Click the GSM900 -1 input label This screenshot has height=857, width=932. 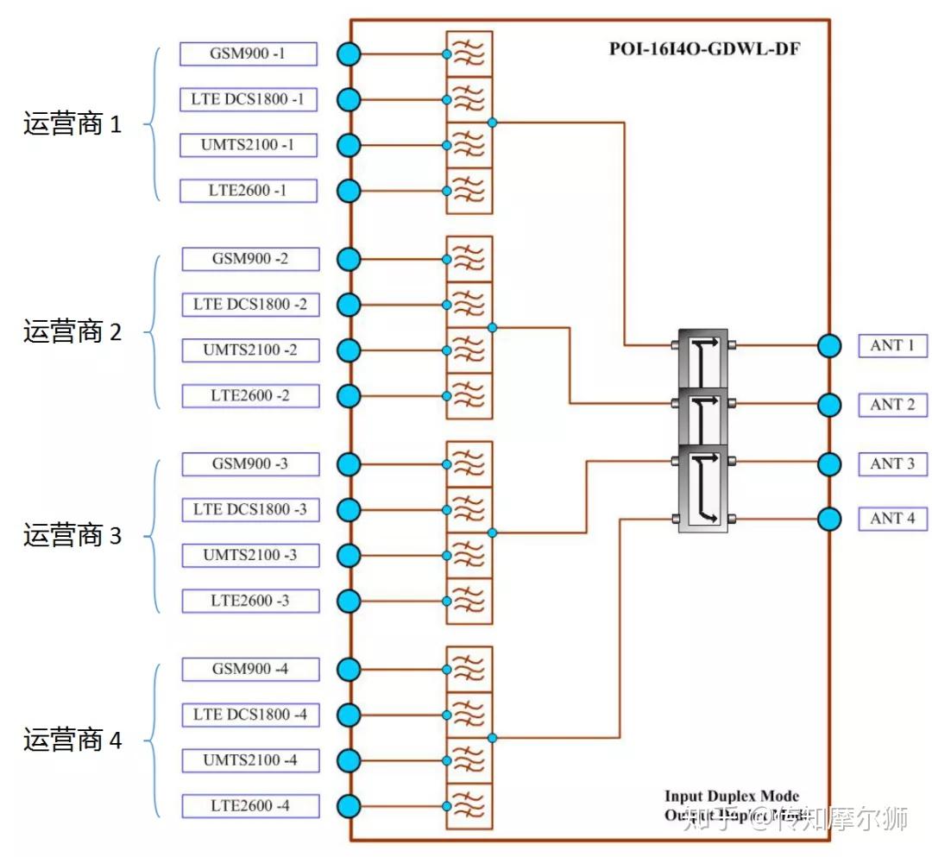click(248, 54)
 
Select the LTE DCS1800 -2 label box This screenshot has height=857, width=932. click(250, 305)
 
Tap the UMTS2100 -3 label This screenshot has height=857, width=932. click(250, 555)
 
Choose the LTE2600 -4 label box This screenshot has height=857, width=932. click(250, 806)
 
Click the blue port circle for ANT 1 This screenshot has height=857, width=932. click(828, 346)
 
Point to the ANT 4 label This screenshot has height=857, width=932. click(892, 519)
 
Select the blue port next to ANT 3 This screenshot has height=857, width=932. click(828, 464)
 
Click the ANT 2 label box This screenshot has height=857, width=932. click(892, 405)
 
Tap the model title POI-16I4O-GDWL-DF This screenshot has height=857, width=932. click(704, 48)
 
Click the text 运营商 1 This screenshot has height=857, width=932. click(72, 124)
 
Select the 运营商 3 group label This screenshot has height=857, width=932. click(72, 536)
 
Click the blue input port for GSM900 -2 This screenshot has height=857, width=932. click(349, 259)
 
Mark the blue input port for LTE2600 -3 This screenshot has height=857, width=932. click(349, 601)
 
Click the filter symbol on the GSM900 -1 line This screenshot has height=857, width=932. click(469, 54)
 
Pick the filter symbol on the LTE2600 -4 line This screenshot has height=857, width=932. click(469, 806)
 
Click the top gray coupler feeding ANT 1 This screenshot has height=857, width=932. click(702, 356)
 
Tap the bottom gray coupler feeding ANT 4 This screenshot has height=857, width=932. click(702, 488)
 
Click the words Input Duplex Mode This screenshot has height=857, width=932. click(731, 796)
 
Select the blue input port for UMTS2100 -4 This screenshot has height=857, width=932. click(349, 760)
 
